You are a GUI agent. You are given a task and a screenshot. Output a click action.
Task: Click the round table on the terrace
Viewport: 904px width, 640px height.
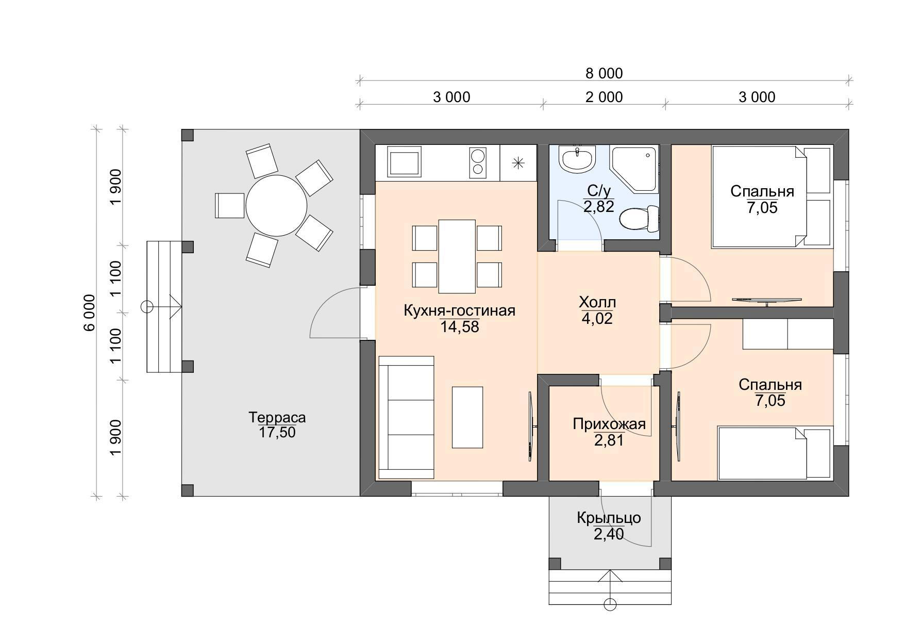[x=276, y=206]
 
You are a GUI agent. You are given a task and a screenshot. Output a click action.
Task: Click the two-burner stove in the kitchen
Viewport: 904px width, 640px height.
[x=117, y=161]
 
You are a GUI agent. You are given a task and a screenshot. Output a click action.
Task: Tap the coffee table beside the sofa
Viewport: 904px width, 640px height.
[x=467, y=417]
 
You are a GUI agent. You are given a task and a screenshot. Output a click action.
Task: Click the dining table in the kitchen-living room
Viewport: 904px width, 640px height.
[x=457, y=256]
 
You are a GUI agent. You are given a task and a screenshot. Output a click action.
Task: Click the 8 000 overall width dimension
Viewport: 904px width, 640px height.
[x=604, y=74]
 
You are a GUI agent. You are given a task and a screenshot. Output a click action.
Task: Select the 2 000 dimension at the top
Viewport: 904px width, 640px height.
[x=604, y=97]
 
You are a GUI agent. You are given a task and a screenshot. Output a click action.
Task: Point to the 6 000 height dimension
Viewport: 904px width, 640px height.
[x=90, y=313]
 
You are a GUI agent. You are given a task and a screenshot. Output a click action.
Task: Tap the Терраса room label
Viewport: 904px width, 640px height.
[x=277, y=417]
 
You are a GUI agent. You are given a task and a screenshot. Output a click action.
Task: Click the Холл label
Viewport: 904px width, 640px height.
[x=597, y=302]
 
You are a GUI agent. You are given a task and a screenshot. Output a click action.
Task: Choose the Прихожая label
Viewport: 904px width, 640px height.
[x=609, y=424]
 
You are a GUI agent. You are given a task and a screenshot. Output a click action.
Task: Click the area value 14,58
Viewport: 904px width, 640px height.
[x=460, y=327]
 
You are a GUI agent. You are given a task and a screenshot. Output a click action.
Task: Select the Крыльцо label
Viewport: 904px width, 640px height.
[x=609, y=518]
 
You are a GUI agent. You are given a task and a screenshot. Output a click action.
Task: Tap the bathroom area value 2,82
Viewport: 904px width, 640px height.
[x=599, y=207]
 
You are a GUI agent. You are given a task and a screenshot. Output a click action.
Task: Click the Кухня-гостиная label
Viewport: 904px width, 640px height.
[x=459, y=311]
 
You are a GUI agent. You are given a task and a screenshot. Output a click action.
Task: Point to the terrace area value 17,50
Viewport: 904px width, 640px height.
[x=277, y=433]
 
